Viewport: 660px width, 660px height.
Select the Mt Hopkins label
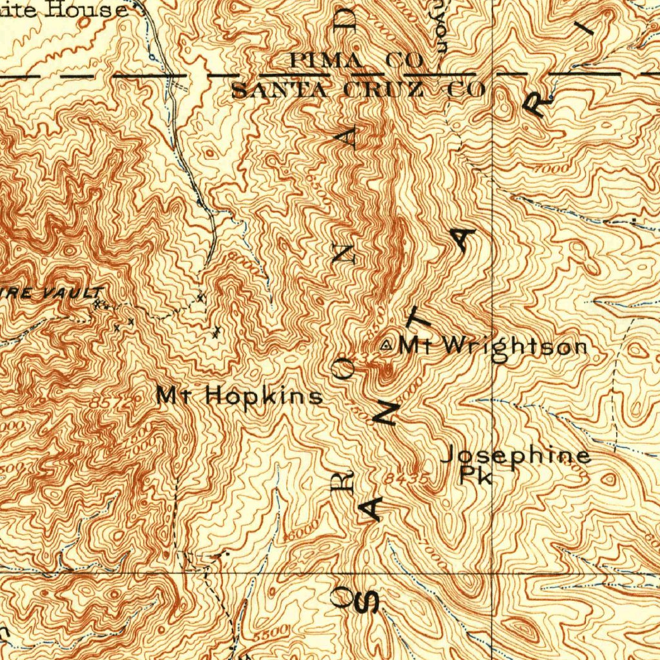(x=240, y=395)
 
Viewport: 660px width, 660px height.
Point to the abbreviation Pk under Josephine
(x=477, y=477)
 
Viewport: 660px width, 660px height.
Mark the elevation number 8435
(x=408, y=479)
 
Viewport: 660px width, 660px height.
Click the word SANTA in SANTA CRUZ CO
(x=279, y=90)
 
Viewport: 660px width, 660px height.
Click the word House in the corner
(x=97, y=10)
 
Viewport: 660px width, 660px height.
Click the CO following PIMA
(x=405, y=61)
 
